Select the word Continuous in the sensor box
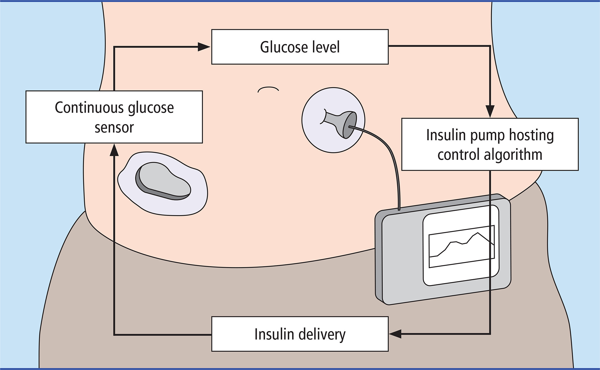point(90,108)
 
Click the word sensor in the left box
point(114,128)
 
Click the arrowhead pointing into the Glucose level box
point(204,47)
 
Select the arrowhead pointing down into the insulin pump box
point(490,111)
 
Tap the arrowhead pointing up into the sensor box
point(114,150)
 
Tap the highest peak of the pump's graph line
point(477,233)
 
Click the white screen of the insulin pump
point(461,246)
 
